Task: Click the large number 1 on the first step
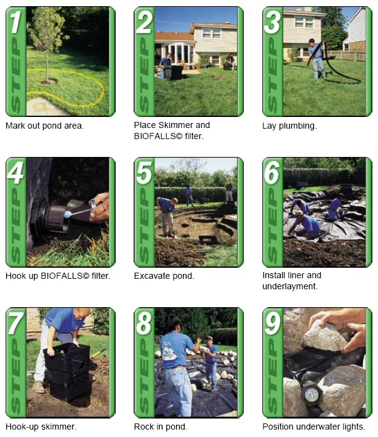point(15,22)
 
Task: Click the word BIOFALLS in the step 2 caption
point(158,136)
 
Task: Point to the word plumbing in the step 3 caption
point(298,126)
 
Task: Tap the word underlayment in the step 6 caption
point(290,286)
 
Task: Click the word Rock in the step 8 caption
point(143,427)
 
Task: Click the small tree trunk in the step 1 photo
point(47,66)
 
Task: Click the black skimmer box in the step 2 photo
point(173,72)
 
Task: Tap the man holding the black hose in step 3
point(316,58)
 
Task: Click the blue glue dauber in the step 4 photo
point(68,214)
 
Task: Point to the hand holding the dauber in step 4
point(99,207)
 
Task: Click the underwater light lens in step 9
point(312,395)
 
